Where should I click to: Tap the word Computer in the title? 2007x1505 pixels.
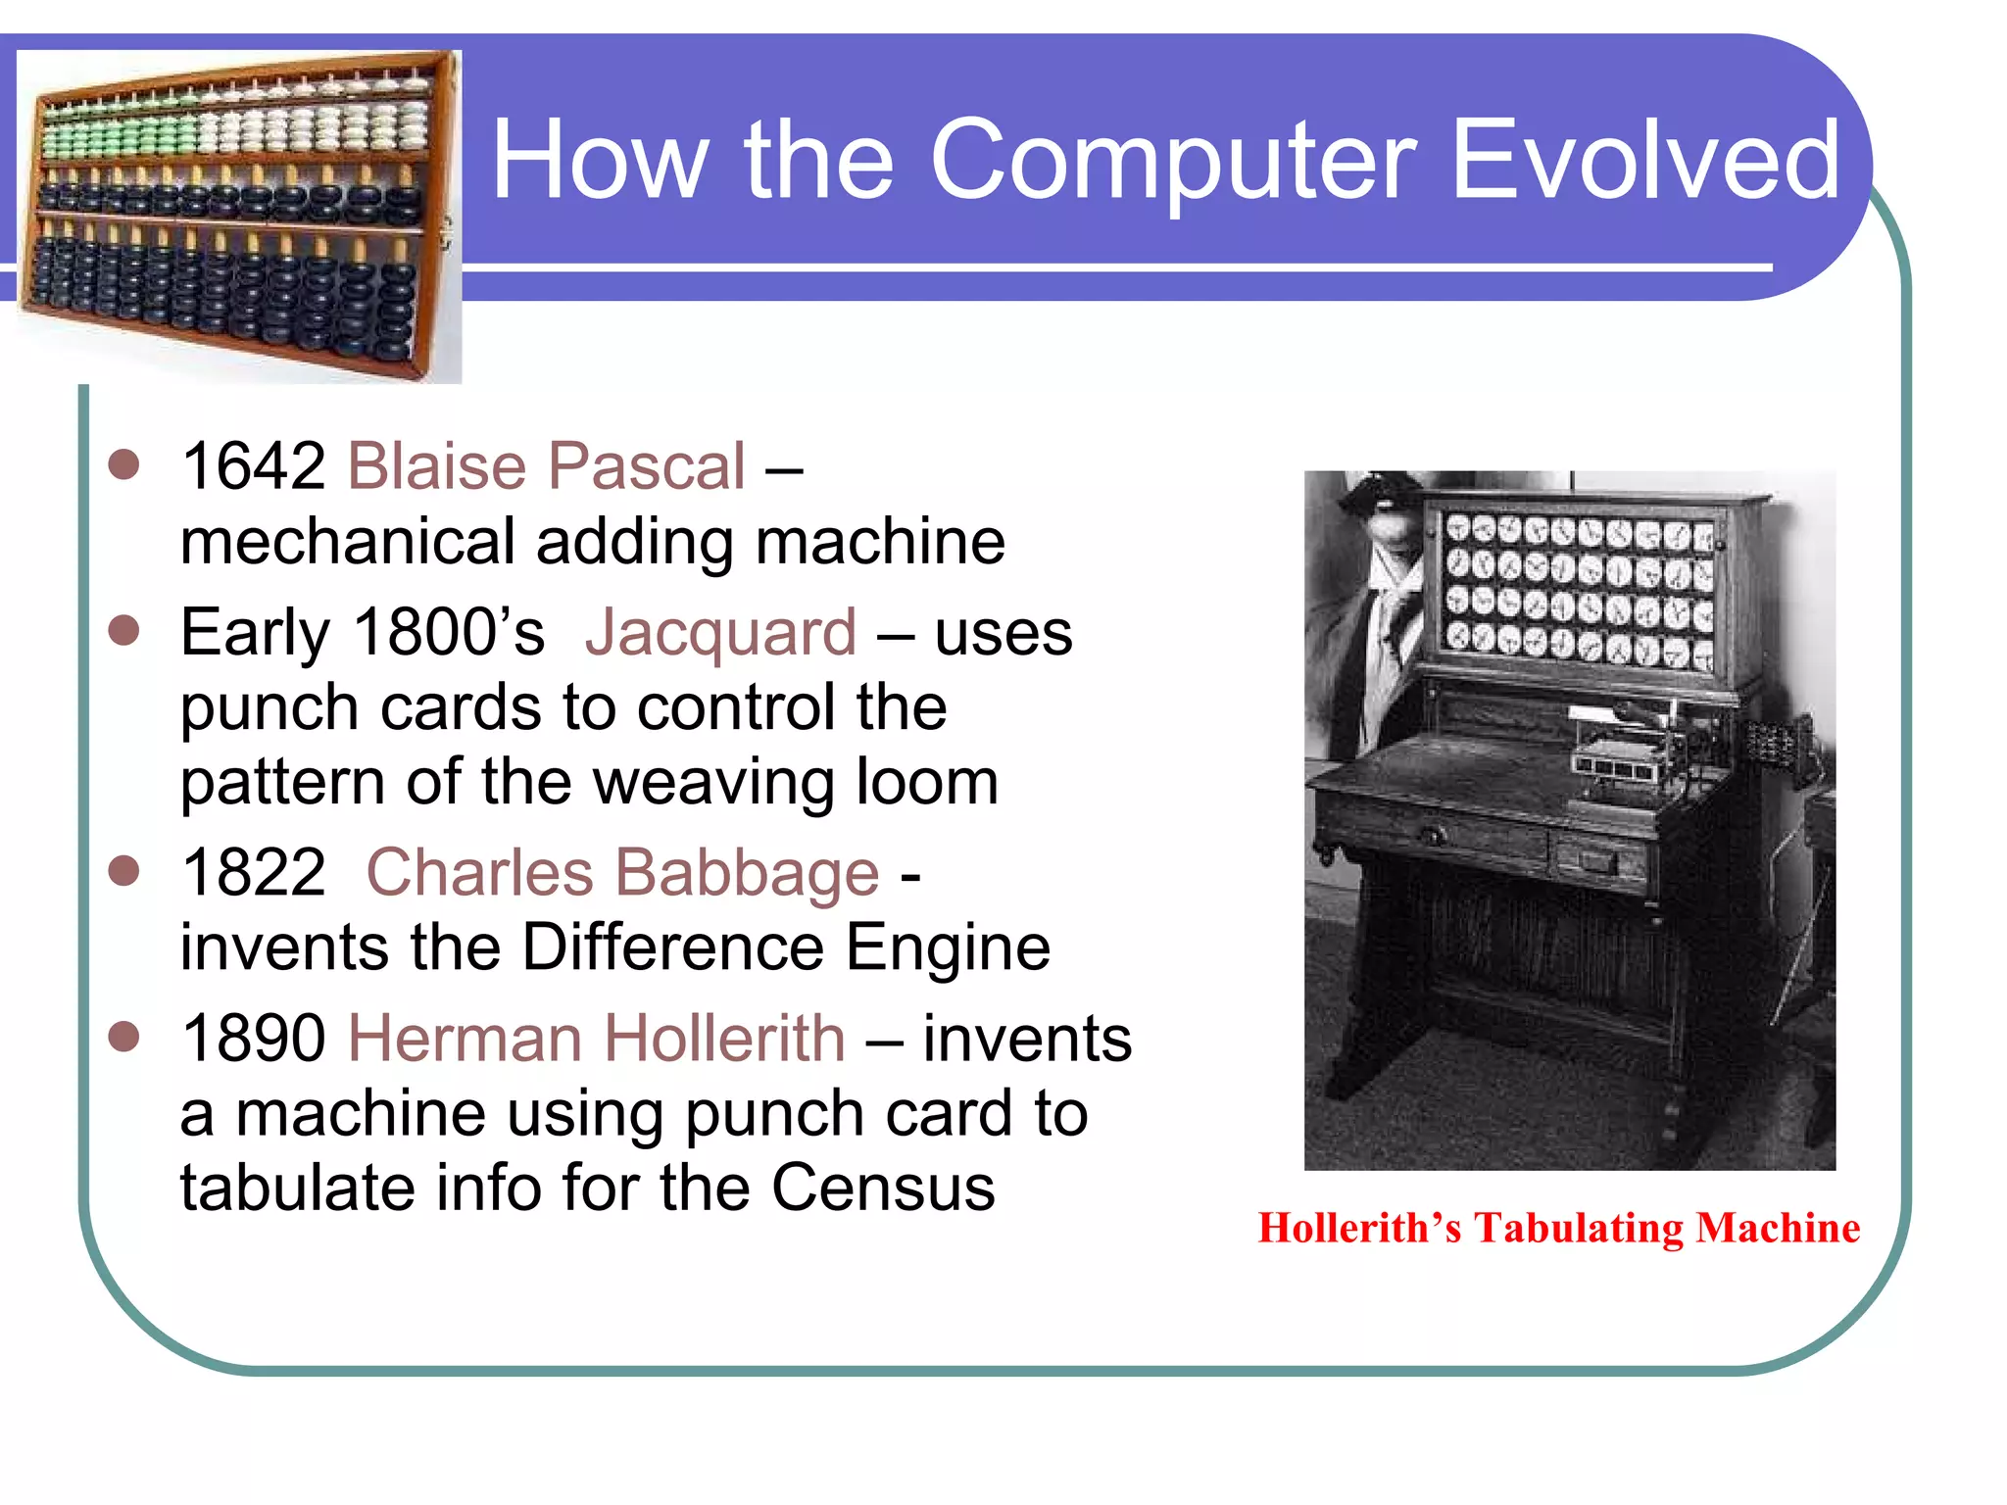click(x=1172, y=160)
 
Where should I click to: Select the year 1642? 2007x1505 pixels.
click(x=254, y=465)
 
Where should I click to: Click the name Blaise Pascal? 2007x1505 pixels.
click(x=547, y=465)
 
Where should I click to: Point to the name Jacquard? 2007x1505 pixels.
click(x=720, y=632)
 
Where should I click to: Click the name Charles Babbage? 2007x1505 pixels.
click(x=622, y=872)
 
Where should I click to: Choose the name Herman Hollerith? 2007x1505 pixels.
click(x=596, y=1039)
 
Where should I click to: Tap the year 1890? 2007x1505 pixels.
click(x=254, y=1039)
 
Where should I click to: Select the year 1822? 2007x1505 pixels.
click(x=254, y=872)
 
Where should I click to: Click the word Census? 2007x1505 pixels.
click(x=882, y=1189)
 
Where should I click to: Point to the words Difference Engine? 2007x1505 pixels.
click(x=785, y=947)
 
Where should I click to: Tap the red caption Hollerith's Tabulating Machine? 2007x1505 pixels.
click(x=1558, y=1229)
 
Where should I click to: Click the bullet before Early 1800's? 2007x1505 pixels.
click(x=124, y=630)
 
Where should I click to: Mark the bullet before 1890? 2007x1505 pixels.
click(x=124, y=1037)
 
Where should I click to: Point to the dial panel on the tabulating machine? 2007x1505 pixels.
click(x=1578, y=592)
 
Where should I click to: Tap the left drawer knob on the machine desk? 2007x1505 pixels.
click(x=1433, y=835)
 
